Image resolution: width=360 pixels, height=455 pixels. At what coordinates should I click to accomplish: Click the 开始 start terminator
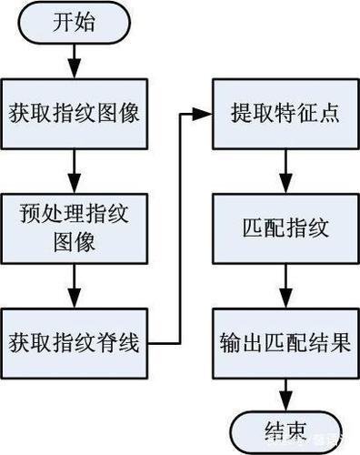(75, 23)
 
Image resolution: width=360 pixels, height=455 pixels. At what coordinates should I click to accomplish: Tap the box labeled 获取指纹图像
(75, 114)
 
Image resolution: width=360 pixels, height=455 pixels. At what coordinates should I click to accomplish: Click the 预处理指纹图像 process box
(75, 228)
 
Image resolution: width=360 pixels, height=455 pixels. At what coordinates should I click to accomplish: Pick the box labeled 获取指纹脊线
(75, 343)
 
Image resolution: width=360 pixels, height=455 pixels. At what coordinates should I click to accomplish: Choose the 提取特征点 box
(285, 114)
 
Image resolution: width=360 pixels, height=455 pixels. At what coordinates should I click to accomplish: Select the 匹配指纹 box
(285, 228)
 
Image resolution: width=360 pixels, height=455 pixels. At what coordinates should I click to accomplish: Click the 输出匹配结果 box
(285, 343)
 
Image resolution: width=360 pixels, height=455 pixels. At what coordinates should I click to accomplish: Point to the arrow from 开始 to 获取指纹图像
(75, 61)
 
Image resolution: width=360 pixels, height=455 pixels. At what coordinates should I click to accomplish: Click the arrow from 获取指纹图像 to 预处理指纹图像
(75, 171)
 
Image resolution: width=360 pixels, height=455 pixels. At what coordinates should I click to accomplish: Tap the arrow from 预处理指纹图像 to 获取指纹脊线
(75, 286)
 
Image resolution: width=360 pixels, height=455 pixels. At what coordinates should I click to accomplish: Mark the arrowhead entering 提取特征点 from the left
(202, 115)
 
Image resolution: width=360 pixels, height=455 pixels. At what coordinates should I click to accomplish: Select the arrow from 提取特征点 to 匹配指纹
(285, 171)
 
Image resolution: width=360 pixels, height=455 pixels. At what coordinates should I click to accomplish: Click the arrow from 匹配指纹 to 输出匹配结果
(285, 286)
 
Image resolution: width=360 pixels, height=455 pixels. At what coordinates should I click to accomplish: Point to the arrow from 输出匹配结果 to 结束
(285, 395)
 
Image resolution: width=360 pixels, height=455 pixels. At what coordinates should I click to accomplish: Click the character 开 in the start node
(63, 23)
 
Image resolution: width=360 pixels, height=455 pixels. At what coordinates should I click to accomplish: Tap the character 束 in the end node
(296, 431)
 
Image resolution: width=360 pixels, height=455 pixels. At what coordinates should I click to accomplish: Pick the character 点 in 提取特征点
(329, 114)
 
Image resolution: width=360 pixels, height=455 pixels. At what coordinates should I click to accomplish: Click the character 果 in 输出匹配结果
(340, 343)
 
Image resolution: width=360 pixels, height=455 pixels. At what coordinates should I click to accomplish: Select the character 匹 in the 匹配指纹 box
(253, 227)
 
